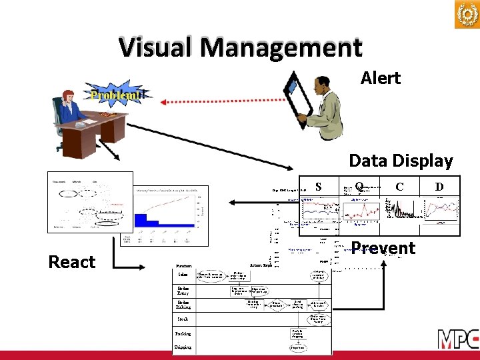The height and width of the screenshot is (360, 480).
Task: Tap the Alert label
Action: pyautogui.click(x=380, y=78)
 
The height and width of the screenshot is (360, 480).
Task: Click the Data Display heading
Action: pyautogui.click(x=401, y=161)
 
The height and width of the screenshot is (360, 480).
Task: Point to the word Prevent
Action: pyautogui.click(x=383, y=248)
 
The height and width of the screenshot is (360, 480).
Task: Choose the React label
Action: pyautogui.click(x=72, y=262)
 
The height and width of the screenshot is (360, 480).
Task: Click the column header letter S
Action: pyautogui.click(x=319, y=187)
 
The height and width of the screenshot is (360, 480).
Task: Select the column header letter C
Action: pyautogui.click(x=399, y=187)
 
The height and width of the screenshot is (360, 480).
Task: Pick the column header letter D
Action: pyautogui.click(x=439, y=187)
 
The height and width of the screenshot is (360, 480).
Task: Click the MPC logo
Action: pyautogui.click(x=457, y=339)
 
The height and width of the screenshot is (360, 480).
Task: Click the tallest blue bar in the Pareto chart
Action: pyautogui.click(x=141, y=221)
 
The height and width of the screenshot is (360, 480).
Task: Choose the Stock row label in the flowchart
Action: pyautogui.click(x=183, y=319)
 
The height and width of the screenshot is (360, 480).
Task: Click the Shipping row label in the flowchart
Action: pyautogui.click(x=183, y=347)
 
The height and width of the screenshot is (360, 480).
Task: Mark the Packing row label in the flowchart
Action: pyautogui.click(x=183, y=333)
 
